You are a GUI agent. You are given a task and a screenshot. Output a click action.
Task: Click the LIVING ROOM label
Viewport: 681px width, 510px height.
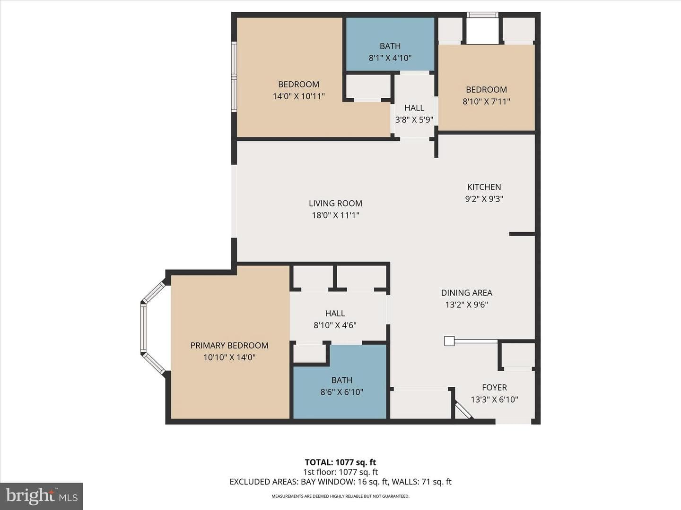coord(335,203)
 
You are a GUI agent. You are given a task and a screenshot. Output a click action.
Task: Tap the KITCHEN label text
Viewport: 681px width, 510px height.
coord(484,187)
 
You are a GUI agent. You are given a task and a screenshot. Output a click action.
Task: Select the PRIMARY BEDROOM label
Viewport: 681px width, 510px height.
coord(229,345)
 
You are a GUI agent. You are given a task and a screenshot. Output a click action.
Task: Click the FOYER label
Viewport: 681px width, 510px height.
coord(495,387)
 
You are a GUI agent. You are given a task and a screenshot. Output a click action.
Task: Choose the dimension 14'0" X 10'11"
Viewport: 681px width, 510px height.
coord(299,96)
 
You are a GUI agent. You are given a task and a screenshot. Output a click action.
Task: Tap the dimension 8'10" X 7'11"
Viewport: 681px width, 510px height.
coord(487,102)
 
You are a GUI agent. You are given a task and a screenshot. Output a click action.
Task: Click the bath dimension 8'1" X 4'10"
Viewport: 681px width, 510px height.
coord(390,58)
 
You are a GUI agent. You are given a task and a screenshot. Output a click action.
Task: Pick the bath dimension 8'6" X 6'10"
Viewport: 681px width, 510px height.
coord(341,392)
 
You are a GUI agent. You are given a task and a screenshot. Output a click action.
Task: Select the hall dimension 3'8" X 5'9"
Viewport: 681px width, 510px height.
coord(414,119)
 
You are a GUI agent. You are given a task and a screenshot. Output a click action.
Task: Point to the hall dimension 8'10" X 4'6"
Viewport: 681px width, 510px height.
coord(335,325)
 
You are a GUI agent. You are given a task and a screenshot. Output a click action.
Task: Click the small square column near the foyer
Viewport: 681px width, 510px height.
coord(449,341)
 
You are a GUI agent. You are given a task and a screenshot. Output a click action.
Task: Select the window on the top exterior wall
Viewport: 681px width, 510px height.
coord(482,15)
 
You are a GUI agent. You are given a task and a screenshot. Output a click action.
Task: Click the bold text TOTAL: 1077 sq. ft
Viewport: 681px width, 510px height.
coord(340,462)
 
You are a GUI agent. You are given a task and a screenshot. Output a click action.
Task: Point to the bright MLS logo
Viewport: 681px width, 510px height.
coord(42,496)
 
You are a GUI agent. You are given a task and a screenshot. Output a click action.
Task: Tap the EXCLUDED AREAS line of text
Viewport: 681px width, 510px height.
coord(340,482)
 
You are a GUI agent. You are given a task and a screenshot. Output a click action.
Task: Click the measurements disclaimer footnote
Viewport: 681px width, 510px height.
coord(340,496)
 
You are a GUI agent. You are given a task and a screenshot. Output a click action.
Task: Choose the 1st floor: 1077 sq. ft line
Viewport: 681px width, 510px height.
coord(340,472)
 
